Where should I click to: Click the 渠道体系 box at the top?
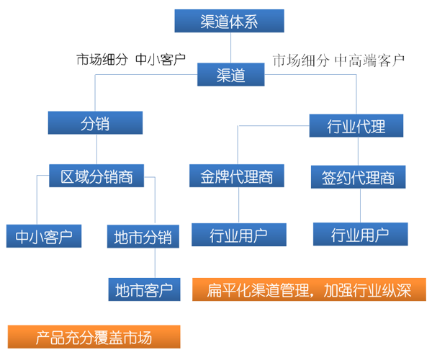(x=229, y=21)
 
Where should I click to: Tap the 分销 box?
(x=94, y=124)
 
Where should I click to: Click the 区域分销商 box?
(x=96, y=176)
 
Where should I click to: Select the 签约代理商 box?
(x=358, y=176)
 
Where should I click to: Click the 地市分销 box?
(x=143, y=237)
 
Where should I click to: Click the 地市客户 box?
(x=144, y=291)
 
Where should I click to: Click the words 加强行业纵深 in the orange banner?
(x=368, y=291)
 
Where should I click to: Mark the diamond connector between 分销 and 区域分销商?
(x=94, y=150)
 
